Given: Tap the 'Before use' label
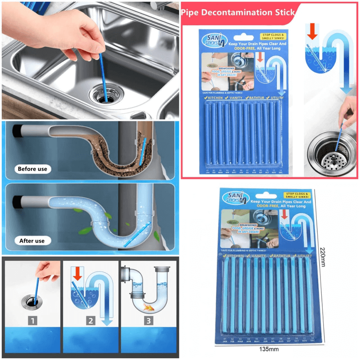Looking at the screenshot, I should pos(32,169).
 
